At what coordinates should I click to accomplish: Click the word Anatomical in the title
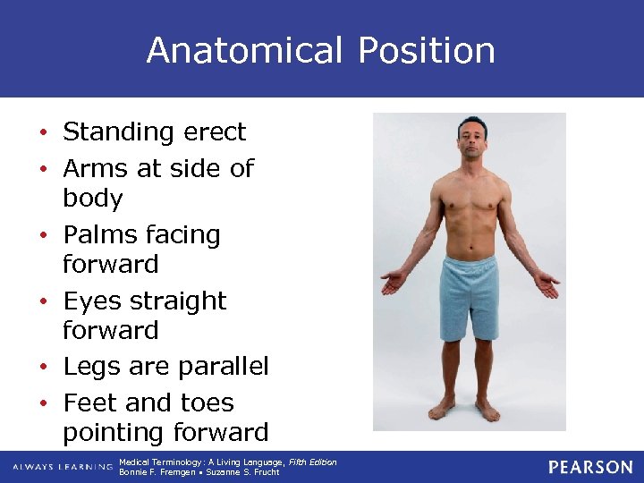[244, 50]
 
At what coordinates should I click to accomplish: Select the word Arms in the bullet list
[96, 168]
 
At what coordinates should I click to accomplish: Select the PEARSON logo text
[590, 467]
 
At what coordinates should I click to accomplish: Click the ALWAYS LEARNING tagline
[60, 467]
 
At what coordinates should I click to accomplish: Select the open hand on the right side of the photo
[547, 285]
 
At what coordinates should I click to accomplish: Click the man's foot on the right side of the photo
[487, 411]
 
